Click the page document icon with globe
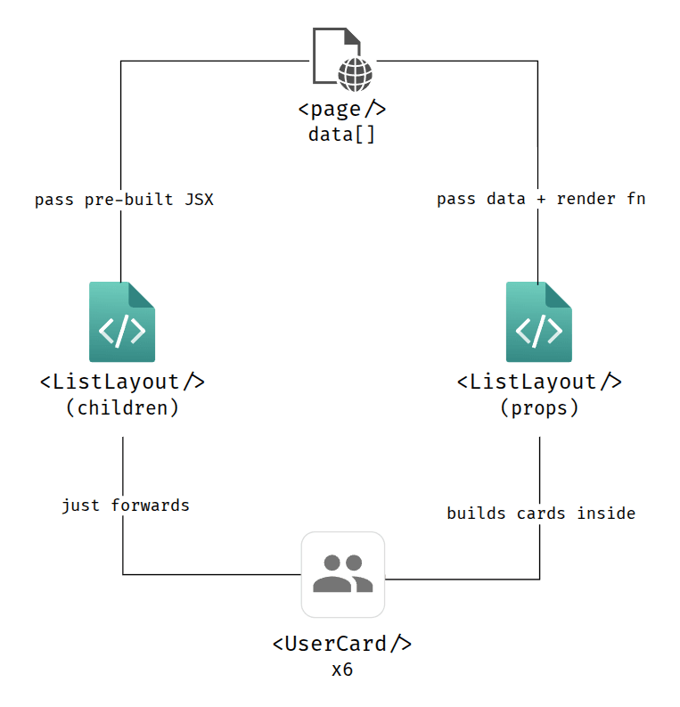tap(341, 59)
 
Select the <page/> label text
tap(341, 110)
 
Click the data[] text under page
tap(341, 135)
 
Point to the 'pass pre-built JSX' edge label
tap(124, 200)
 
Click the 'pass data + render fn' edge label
tap(541, 200)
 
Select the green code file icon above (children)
tap(122, 322)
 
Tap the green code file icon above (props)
tap(539, 322)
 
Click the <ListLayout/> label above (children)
tap(122, 382)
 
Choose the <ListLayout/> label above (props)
tap(539, 382)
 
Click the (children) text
tap(122, 408)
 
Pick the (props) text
tap(539, 408)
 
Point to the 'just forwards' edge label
tap(126, 506)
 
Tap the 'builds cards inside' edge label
tap(541, 513)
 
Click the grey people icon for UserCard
tap(342, 574)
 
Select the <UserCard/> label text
tap(341, 644)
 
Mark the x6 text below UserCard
tap(341, 670)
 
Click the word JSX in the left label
tap(199, 200)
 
